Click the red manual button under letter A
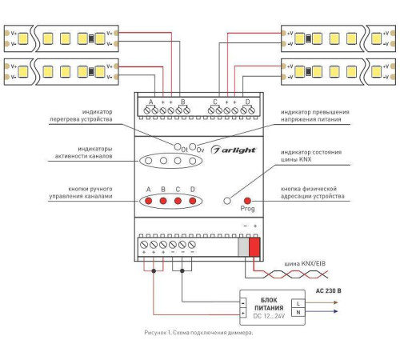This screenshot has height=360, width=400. coord(149,201)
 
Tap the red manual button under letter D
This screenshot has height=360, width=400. coord(192,201)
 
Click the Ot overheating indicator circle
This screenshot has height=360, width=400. coord(178,146)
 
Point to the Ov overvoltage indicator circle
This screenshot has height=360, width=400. coord(193,146)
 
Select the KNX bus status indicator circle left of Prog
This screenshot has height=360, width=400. coord(227,201)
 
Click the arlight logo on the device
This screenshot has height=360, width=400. coord(234,150)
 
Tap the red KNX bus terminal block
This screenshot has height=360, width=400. coord(254,247)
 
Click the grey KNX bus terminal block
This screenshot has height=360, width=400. coord(243,247)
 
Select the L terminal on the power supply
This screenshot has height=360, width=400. coord(298,303)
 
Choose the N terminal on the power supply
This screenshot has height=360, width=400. coord(298,312)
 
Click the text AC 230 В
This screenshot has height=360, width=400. coord(328,290)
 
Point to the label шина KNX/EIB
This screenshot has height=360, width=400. coord(305,264)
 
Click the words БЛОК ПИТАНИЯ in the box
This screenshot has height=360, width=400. coord(269,304)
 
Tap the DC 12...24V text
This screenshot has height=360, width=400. coord(269,316)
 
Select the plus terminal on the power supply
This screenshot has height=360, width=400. coord(243,313)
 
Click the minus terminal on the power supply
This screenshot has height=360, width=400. coord(243,303)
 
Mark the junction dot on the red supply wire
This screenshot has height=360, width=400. coord(154,271)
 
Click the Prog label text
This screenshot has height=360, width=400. coord(247,208)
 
